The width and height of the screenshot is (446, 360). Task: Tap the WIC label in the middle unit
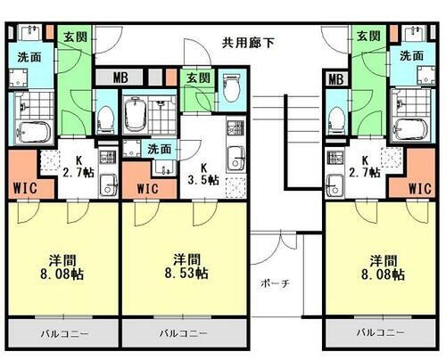point(148,188)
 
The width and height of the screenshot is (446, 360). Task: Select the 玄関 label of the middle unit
point(197,78)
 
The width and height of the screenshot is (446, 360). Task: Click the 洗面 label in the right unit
point(411,56)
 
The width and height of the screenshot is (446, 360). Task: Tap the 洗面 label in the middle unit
point(160,149)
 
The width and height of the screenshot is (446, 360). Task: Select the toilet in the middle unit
point(234,90)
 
